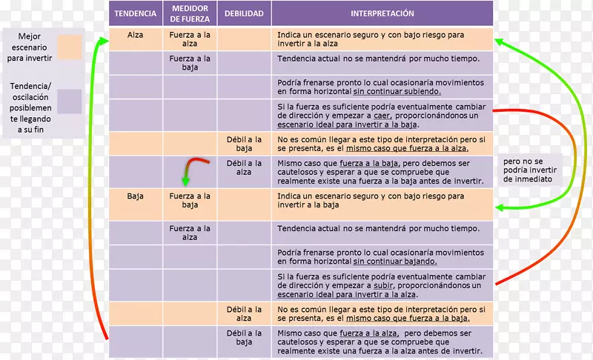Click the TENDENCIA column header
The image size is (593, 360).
(136, 13)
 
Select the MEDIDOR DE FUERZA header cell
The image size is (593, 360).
(190, 13)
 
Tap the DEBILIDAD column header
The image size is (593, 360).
(244, 13)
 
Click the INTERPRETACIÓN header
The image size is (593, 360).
(382, 13)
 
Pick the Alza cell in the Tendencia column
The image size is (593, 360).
(136, 35)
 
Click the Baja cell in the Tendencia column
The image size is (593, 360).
(136, 196)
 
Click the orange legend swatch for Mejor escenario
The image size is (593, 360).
(70, 46)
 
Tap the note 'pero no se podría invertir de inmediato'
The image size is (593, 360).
(531, 170)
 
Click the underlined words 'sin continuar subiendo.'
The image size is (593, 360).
(397, 92)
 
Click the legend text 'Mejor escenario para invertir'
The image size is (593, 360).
(31, 46)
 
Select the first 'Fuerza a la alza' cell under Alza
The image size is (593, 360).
(190, 39)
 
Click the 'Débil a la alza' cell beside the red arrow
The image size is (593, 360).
(244, 168)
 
